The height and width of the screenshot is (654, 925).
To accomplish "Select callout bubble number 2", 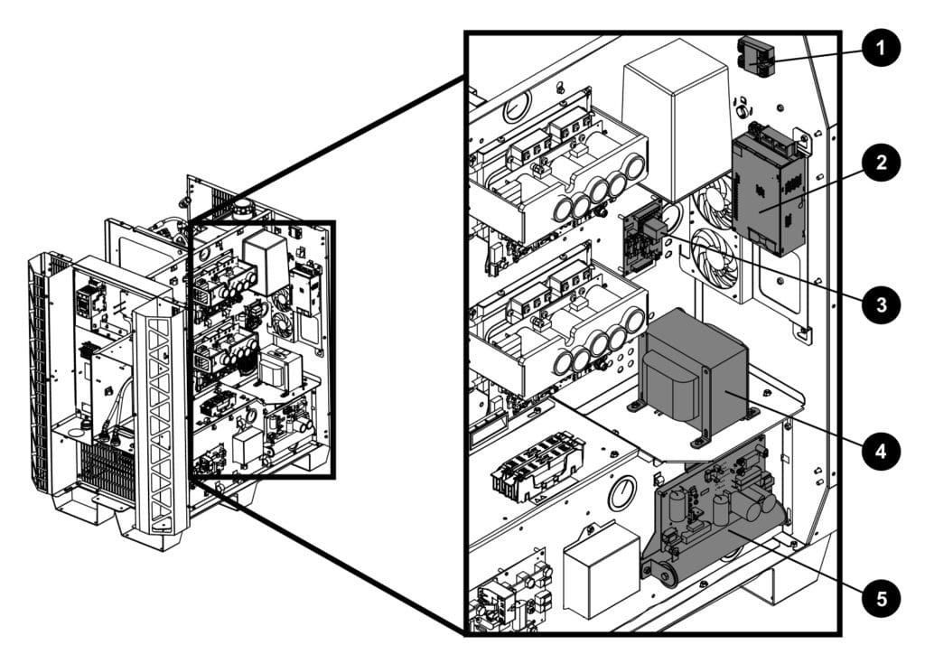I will [879, 163].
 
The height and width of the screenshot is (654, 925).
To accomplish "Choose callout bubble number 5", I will [879, 597].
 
